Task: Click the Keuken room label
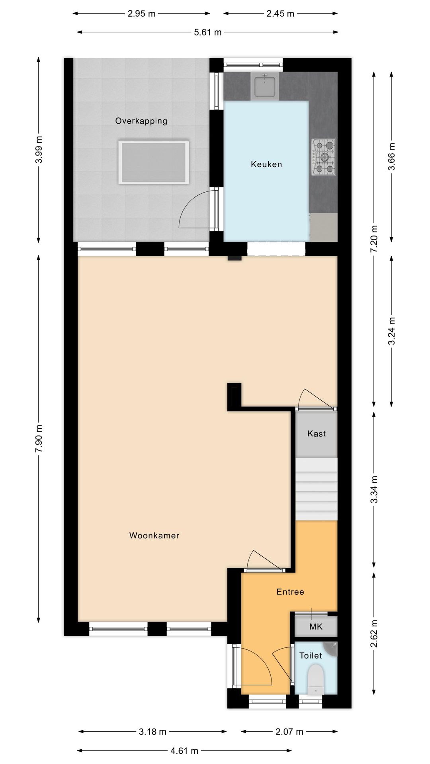pyautogui.click(x=266, y=164)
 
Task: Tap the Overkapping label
pyautogui.click(x=141, y=121)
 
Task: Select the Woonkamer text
pyautogui.click(x=154, y=536)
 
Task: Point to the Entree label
pyautogui.click(x=290, y=592)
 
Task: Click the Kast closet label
pyautogui.click(x=317, y=434)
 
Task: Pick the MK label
pyautogui.click(x=316, y=627)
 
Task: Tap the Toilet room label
pyautogui.click(x=311, y=655)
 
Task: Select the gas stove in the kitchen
pyautogui.click(x=323, y=157)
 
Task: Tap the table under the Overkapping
pyautogui.click(x=153, y=162)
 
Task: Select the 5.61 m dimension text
pyautogui.click(x=208, y=32)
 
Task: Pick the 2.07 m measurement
pyautogui.click(x=289, y=731)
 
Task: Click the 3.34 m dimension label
pyautogui.click(x=374, y=489)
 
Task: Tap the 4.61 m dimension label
pyautogui.click(x=184, y=751)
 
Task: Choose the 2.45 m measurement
pyautogui.click(x=280, y=14)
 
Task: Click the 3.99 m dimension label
pyautogui.click(x=39, y=150)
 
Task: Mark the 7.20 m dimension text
pyautogui.click(x=374, y=239)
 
